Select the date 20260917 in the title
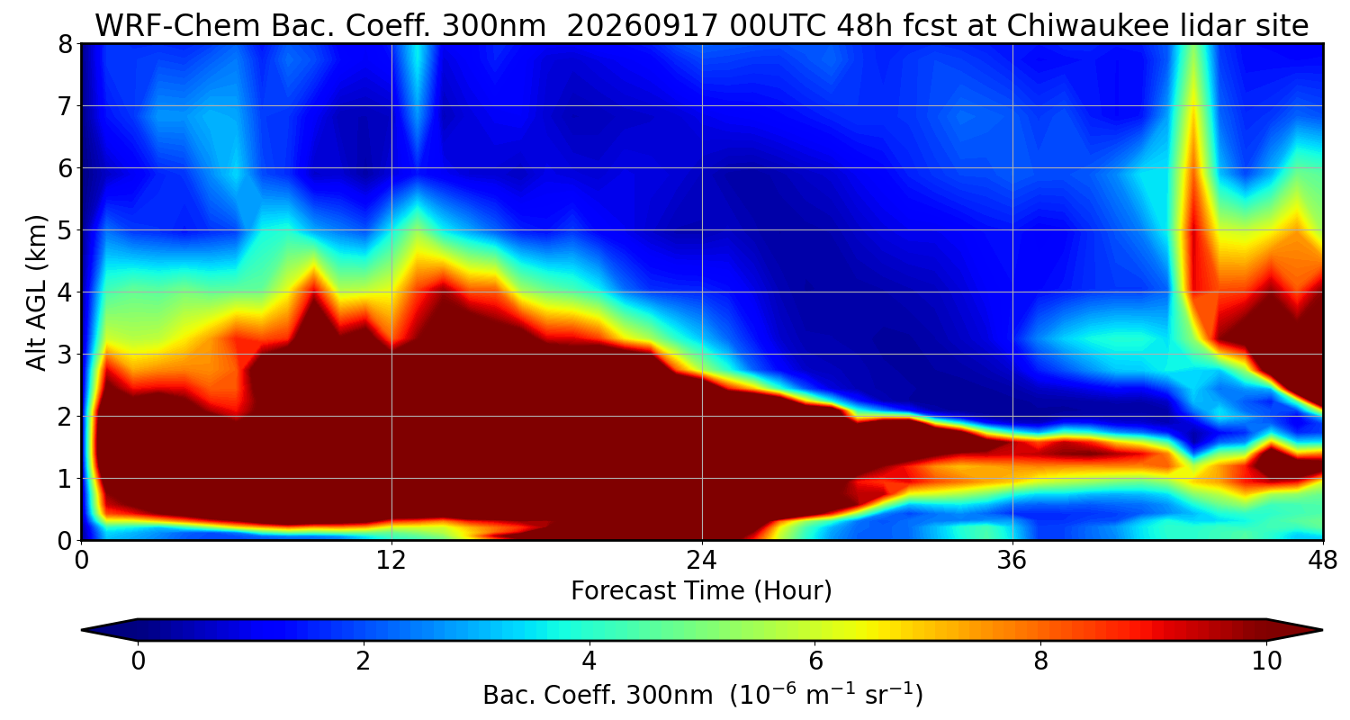tap(642, 26)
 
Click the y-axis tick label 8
tap(65, 45)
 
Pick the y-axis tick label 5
tap(65, 230)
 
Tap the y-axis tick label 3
tap(65, 355)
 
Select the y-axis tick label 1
tap(65, 479)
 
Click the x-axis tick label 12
tap(391, 561)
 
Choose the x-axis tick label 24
tap(702, 561)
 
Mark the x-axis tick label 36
tap(1012, 561)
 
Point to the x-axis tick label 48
tap(1322, 561)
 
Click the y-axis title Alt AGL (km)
tap(36, 292)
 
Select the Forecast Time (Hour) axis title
tap(701, 591)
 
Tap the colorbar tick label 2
tap(363, 661)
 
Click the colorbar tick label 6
tap(814, 661)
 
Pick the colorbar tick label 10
tap(1266, 661)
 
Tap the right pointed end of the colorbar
tap(1322, 630)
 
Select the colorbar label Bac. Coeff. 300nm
tap(598, 696)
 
